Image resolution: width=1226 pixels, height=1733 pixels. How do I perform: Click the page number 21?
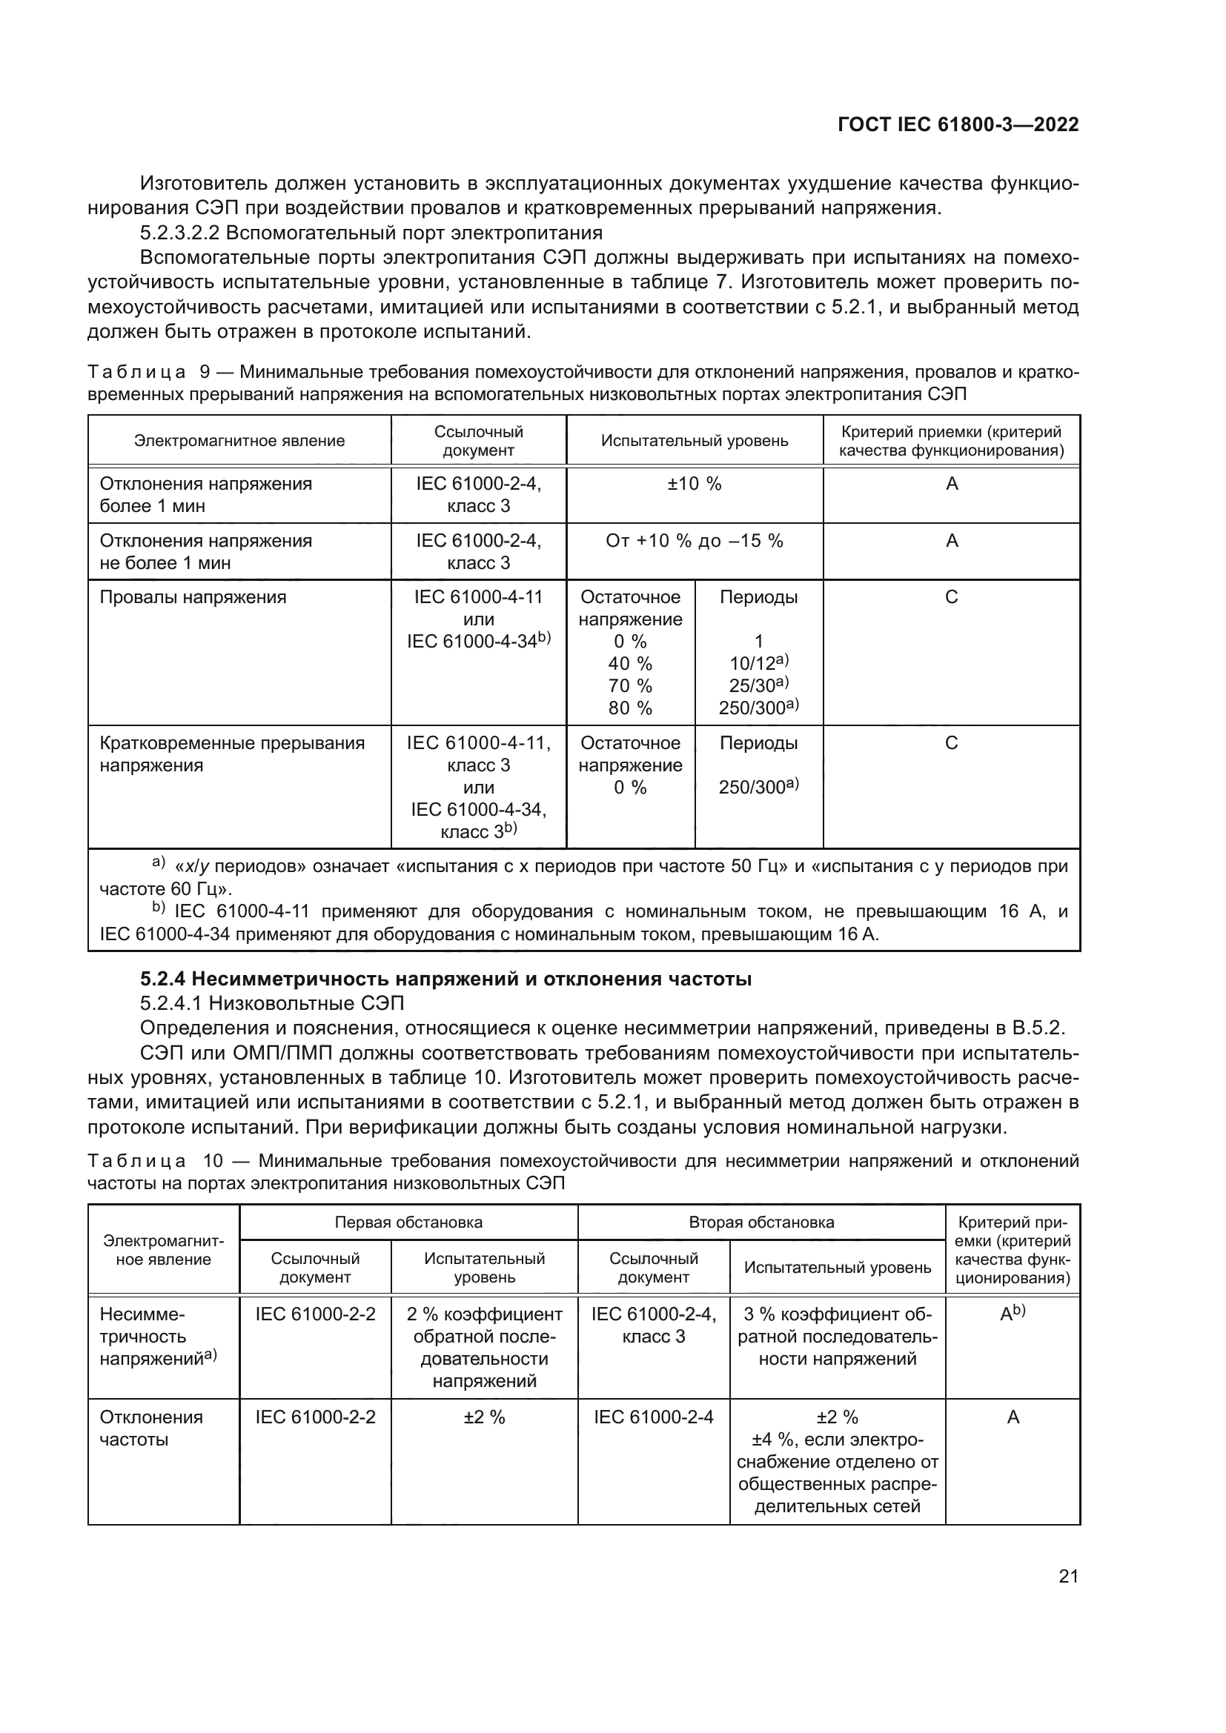(x=1068, y=1576)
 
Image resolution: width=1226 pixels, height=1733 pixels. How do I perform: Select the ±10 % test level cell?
(x=694, y=484)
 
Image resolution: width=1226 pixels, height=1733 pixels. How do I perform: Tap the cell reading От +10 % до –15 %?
(x=694, y=540)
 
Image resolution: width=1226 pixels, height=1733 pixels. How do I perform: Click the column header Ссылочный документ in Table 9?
(x=478, y=441)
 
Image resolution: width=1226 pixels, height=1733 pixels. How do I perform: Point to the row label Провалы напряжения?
(x=193, y=597)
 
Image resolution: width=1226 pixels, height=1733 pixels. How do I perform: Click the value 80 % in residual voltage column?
(x=629, y=708)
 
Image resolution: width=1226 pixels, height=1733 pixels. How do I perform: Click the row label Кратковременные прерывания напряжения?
(x=232, y=754)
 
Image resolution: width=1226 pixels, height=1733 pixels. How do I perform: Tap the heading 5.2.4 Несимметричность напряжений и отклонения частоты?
(x=445, y=979)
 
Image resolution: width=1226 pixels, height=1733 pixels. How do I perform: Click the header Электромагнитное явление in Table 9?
(x=239, y=441)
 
